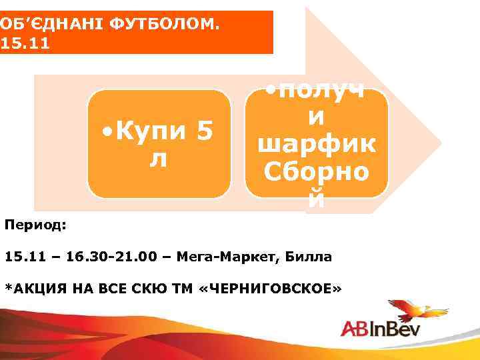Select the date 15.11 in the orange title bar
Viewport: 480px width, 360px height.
(x=25, y=44)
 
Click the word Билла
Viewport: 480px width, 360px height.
(x=307, y=257)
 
